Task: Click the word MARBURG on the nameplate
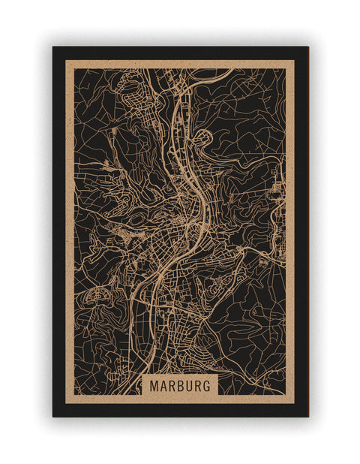[180, 384]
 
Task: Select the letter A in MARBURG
[163, 384]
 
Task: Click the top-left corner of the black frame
[53, 47]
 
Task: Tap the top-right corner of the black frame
[307, 47]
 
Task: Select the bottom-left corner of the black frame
[53, 416]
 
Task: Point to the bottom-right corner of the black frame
[307, 416]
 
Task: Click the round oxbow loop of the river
[202, 140]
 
